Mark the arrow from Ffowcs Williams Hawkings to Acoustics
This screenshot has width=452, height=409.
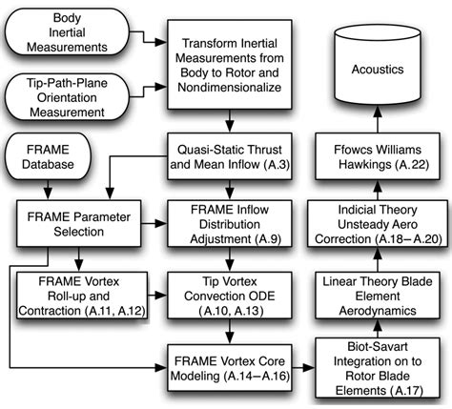pos(376,120)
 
